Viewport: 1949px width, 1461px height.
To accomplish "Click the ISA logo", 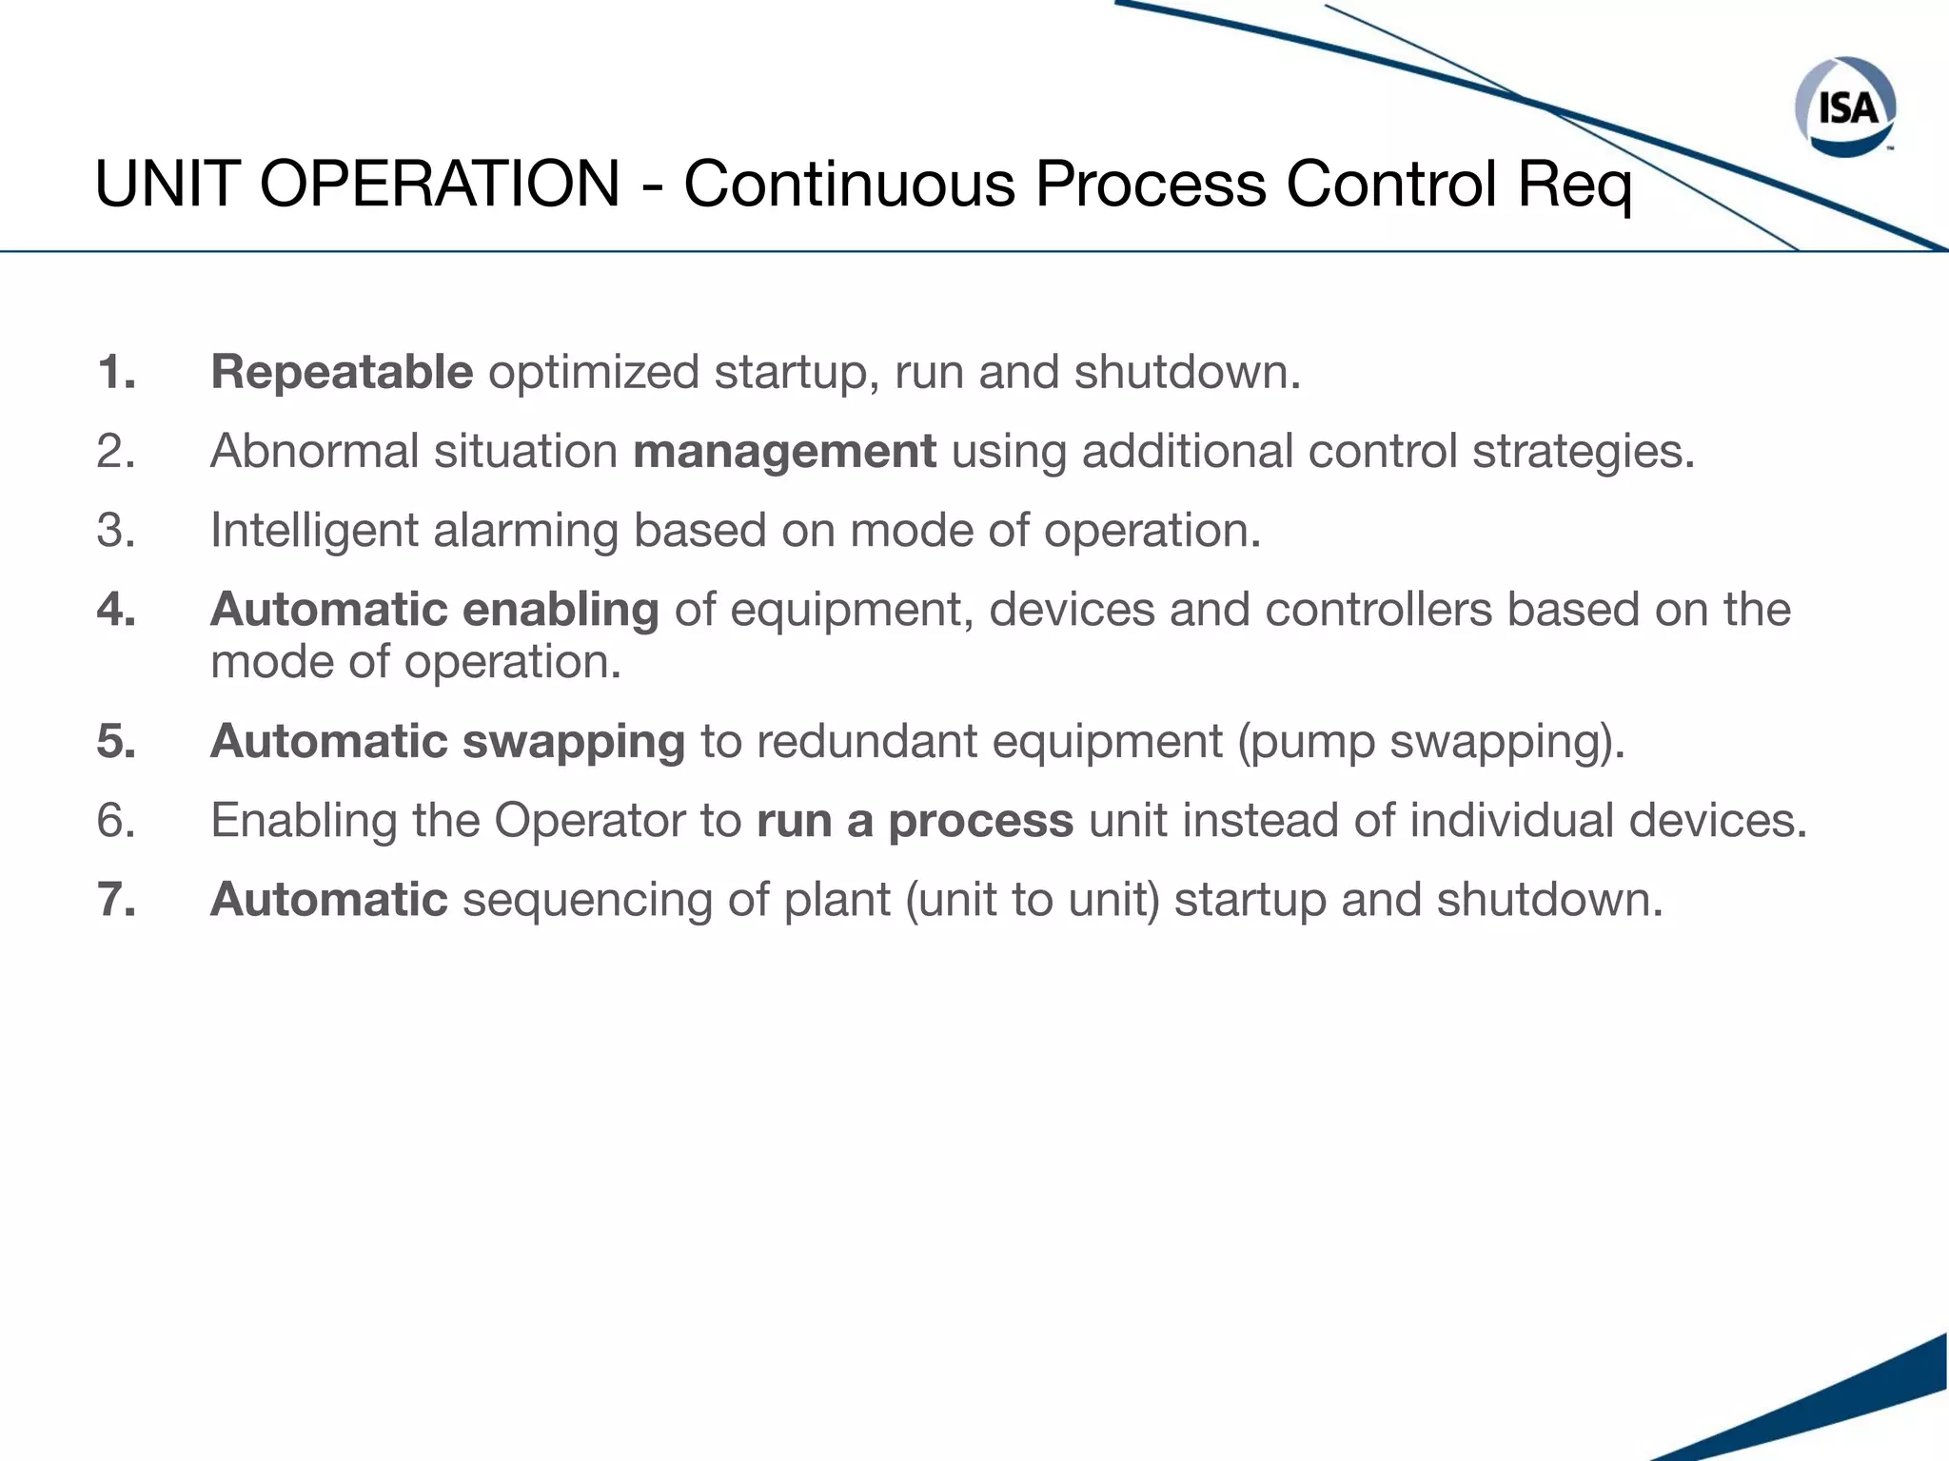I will click(x=1845, y=107).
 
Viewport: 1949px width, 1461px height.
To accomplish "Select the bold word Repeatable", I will click(x=342, y=372).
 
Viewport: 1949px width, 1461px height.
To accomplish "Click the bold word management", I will click(x=784, y=452).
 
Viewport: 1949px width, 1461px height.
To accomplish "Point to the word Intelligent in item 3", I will click(x=314, y=531).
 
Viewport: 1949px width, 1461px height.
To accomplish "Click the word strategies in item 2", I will click(x=1583, y=452).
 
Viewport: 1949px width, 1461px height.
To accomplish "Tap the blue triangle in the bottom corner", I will click(x=1865, y=1408).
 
